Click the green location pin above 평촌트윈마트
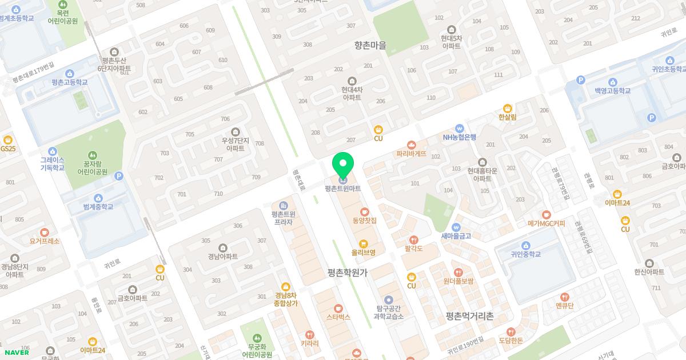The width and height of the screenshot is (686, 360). coord(343,166)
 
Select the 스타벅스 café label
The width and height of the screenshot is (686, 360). coord(338,317)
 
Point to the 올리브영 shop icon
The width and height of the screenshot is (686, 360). coord(363,243)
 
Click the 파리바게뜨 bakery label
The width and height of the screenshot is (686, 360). coord(412,154)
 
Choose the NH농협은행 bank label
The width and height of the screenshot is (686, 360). coord(459,137)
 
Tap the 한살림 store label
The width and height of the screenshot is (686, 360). coord(507,117)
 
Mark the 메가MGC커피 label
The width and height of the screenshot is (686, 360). coord(546,223)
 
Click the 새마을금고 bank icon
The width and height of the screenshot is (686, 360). coord(456,227)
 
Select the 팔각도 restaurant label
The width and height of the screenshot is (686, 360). coord(413,249)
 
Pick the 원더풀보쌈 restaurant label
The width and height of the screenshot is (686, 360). coord(458,281)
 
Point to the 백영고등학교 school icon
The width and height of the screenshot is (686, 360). coord(612,82)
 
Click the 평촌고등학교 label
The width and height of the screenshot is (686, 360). coord(70,82)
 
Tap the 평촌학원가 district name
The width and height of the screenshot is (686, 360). coord(348,273)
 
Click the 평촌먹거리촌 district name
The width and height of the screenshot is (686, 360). coord(469,316)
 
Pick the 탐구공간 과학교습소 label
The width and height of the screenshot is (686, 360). coord(389,312)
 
